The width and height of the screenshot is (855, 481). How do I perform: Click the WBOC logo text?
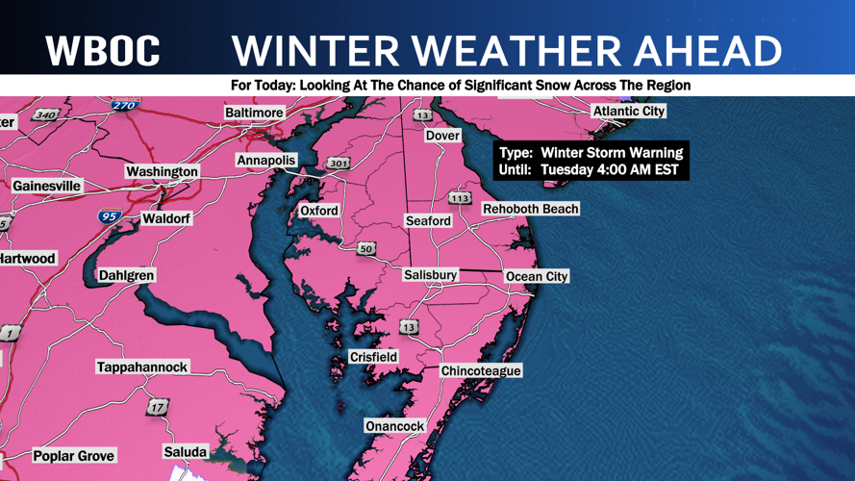[102, 51]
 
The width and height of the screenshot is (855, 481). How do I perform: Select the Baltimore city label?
[254, 113]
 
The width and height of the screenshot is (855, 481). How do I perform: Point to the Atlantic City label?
[628, 112]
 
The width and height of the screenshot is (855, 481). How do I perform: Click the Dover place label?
[442, 136]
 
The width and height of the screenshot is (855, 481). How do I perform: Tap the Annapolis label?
[266, 161]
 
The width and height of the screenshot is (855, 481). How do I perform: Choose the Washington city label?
[162, 171]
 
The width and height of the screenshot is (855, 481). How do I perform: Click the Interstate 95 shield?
[110, 216]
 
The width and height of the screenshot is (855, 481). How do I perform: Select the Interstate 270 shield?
[125, 105]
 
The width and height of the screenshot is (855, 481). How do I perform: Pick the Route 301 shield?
[338, 164]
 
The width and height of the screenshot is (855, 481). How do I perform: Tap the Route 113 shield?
[460, 198]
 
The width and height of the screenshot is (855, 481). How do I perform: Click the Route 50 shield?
[366, 249]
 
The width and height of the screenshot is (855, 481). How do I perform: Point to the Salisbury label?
[430, 275]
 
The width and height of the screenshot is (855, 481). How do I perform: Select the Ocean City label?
[537, 276]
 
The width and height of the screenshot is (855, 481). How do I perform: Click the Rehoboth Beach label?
[530, 209]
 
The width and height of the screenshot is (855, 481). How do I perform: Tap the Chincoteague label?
[481, 370]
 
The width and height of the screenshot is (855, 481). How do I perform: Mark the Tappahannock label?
[142, 367]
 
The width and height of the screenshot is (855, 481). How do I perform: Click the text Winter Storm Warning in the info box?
[611, 152]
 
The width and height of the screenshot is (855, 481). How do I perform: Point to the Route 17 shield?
[157, 408]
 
